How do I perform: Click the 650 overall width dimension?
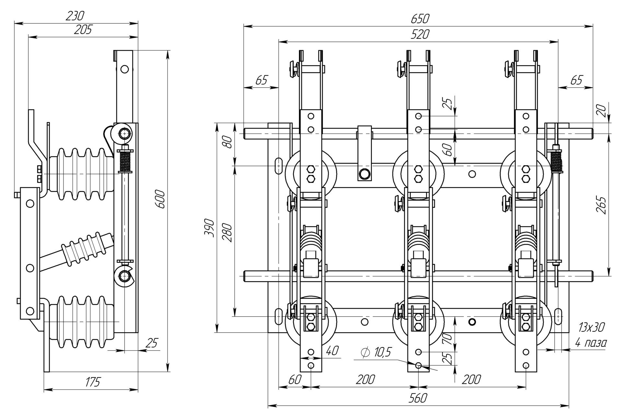tap(420, 19)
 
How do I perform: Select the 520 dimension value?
tap(420, 34)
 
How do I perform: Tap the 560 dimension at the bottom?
tap(418, 398)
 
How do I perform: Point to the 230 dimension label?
tap(75, 16)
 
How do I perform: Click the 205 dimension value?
tap(83, 30)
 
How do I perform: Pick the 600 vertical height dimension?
tap(161, 199)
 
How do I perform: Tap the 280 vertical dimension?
tap(227, 232)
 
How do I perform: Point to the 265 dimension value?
tap(602, 205)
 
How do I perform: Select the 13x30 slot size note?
tap(592, 328)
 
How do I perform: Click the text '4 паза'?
tap(591, 342)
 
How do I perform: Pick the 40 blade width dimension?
tap(332, 351)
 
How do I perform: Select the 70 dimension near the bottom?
tap(447, 339)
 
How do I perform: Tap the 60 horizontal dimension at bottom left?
tap(294, 379)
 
